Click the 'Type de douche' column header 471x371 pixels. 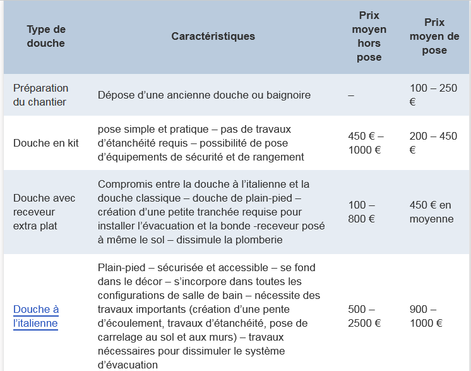pyautogui.click(x=46, y=37)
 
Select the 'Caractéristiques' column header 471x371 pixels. pyautogui.click(x=213, y=37)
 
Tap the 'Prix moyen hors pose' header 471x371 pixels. pyautogui.click(x=369, y=36)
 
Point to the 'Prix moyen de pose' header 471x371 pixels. pyautogui.click(x=434, y=36)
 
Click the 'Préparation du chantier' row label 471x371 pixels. pyautogui.click(x=40, y=95)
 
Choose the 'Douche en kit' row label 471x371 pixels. pyautogui.click(x=46, y=143)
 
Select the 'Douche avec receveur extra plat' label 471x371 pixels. pyautogui.click(x=44, y=212)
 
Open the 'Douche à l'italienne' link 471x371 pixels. pyautogui.click(x=36, y=316)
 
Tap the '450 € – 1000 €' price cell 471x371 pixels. pyautogui.click(x=366, y=143)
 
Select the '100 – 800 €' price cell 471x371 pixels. pyautogui.click(x=362, y=212)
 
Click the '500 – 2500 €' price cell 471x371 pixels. pyautogui.click(x=364, y=316)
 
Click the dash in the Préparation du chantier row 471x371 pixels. pyautogui.click(x=351, y=95)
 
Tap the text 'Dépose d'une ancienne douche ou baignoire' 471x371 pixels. pyautogui.click(x=204, y=95)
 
